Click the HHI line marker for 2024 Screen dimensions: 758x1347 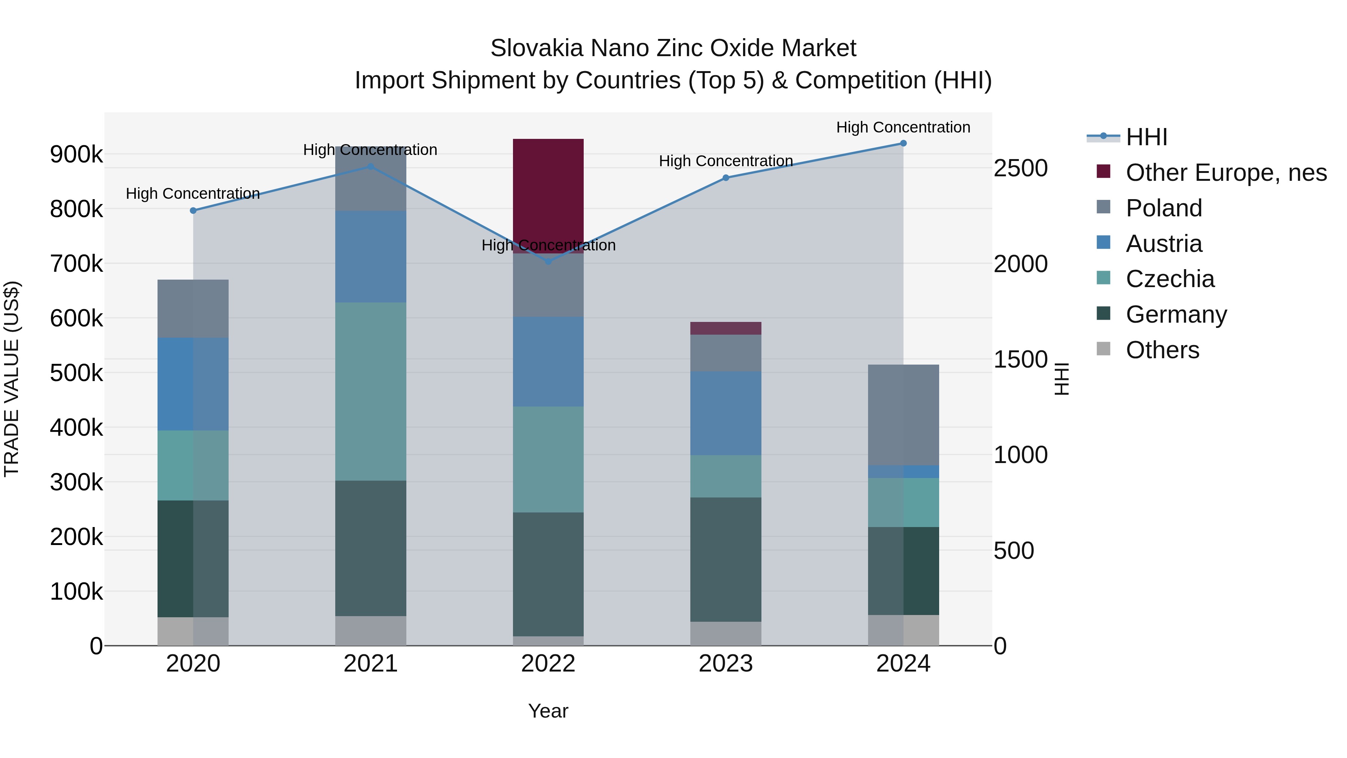coord(903,143)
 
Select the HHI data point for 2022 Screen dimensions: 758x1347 coord(548,262)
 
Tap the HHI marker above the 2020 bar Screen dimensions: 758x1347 coord(193,211)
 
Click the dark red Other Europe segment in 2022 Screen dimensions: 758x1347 coord(548,194)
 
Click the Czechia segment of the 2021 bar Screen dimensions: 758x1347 coord(370,391)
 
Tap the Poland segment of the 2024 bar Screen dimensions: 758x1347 coord(903,415)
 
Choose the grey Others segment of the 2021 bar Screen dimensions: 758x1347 coord(370,631)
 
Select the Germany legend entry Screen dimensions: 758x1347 coord(1176,314)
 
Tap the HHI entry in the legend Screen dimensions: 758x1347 coord(1146,137)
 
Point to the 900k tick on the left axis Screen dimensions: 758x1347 coord(76,154)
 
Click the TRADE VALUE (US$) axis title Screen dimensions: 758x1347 coord(12,379)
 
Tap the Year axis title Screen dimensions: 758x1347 coord(548,711)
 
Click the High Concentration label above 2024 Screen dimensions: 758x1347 coord(903,127)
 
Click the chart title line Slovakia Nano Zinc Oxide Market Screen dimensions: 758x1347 coord(673,48)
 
